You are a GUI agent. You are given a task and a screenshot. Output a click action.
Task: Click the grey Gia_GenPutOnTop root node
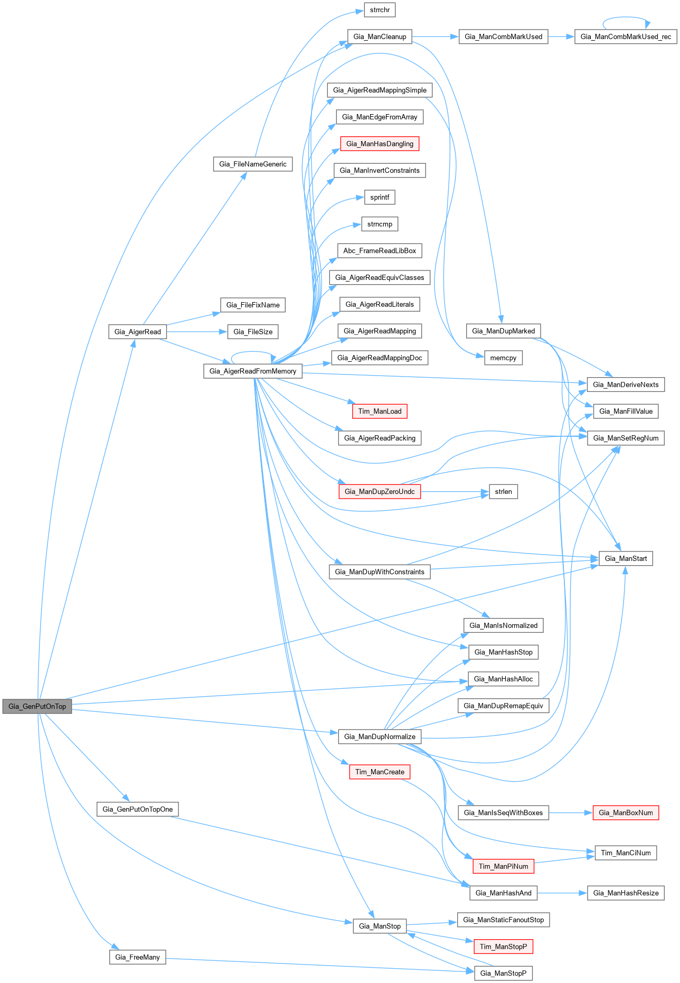pyautogui.click(x=37, y=706)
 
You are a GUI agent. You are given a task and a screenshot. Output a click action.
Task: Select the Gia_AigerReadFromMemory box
pyautogui.click(x=252, y=371)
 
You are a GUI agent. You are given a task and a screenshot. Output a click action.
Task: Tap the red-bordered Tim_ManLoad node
pyautogui.click(x=380, y=411)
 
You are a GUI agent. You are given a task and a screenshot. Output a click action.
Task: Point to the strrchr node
pyautogui.click(x=380, y=10)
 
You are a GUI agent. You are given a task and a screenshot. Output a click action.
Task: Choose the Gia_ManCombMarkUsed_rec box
pyautogui.click(x=626, y=36)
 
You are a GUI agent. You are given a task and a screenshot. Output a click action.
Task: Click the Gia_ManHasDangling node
pyautogui.click(x=380, y=144)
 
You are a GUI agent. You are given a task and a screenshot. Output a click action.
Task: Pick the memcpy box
pyautogui.click(x=503, y=358)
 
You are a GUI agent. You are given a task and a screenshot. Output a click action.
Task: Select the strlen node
pyautogui.click(x=503, y=491)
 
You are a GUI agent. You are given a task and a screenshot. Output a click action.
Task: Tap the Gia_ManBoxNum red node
pyautogui.click(x=626, y=812)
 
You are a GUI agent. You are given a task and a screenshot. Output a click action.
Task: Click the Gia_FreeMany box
pyautogui.click(x=137, y=957)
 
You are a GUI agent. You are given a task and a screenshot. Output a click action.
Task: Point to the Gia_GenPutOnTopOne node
pyautogui.click(x=137, y=809)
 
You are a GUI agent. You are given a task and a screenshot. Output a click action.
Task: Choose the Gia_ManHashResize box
pyautogui.click(x=626, y=893)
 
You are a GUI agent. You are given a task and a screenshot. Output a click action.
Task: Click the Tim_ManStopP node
pyautogui.click(x=503, y=947)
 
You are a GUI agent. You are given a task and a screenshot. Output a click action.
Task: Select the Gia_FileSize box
pyautogui.click(x=252, y=332)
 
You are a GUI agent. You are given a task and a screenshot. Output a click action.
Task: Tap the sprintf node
pyautogui.click(x=380, y=197)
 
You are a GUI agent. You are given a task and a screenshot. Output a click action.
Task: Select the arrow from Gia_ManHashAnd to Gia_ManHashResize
pyautogui.click(x=562, y=893)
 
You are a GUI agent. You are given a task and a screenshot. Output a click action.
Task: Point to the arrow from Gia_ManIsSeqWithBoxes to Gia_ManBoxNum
pyautogui.click(x=571, y=812)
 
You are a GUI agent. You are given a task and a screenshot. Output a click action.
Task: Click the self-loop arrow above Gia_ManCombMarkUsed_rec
pyautogui.click(x=626, y=17)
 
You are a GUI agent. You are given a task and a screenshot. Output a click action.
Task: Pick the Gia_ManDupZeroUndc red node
pyautogui.click(x=380, y=491)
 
